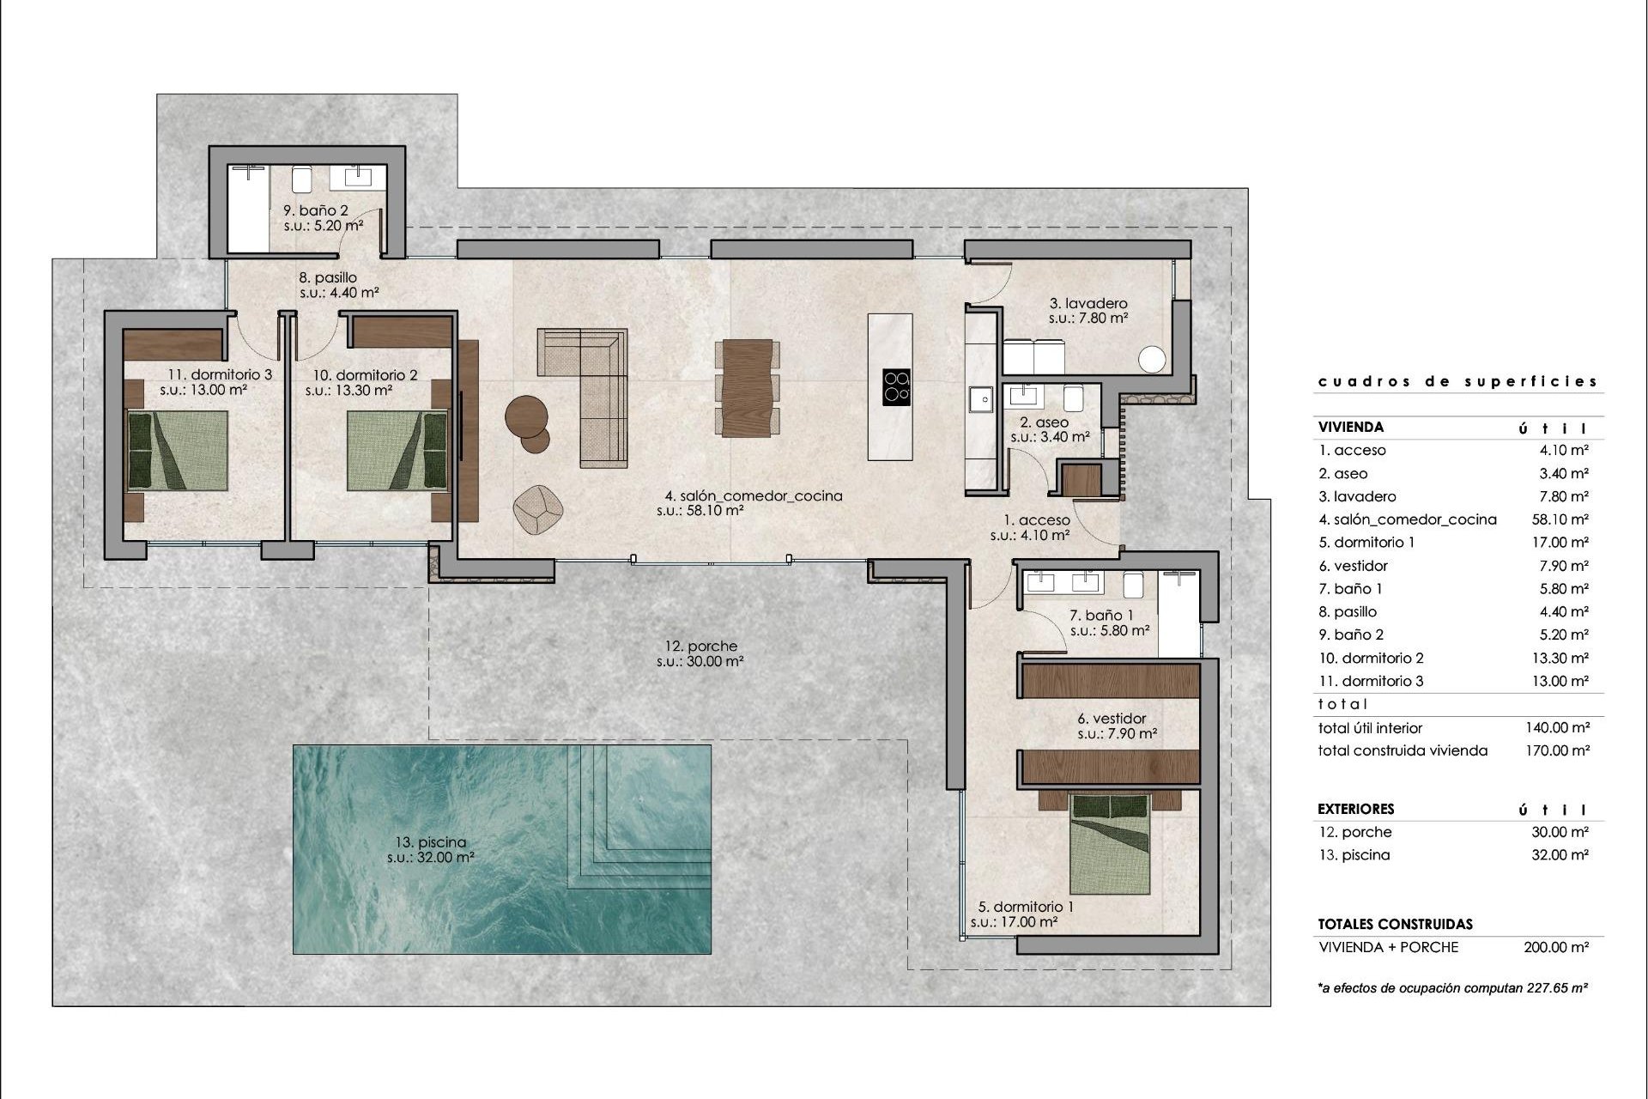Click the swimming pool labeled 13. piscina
(502, 848)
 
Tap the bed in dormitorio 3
(179, 450)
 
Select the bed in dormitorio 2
(397, 450)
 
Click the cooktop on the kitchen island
(896, 386)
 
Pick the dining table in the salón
(748, 388)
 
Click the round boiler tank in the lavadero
(1153, 360)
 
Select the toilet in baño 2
(301, 179)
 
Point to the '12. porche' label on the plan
(700, 647)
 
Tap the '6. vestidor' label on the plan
(1112, 719)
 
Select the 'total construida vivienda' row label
(1403, 750)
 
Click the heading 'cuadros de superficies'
(1457, 381)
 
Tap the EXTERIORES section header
(1356, 809)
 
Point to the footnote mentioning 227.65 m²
(1452, 988)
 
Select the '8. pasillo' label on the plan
(327, 277)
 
